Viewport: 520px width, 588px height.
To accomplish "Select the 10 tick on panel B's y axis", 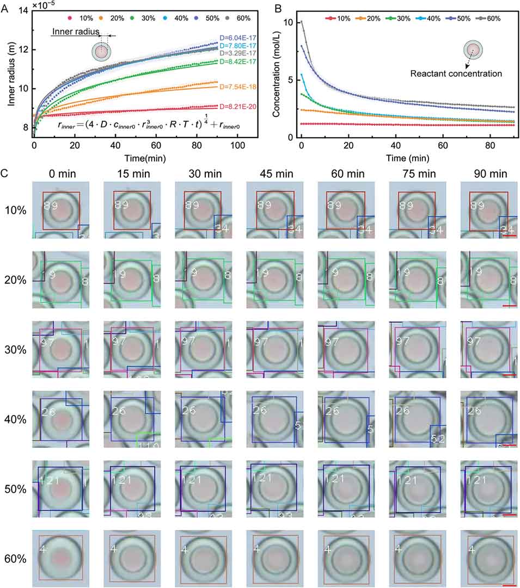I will [x=289, y=22].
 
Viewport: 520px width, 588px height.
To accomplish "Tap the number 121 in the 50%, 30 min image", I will [x=191, y=479].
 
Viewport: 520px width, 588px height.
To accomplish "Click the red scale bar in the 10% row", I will [x=509, y=236].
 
